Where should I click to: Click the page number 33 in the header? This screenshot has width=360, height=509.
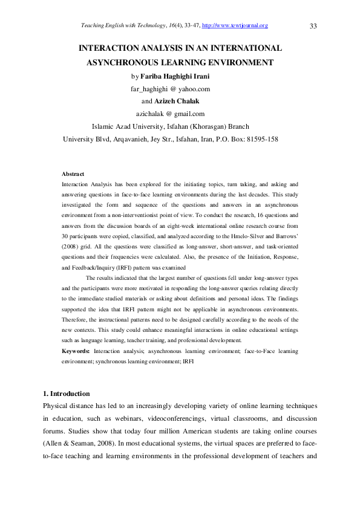click(x=313, y=26)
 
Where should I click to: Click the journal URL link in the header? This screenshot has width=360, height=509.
click(x=235, y=25)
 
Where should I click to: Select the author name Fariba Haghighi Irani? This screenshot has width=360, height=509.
click(x=175, y=77)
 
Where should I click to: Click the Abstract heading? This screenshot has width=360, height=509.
click(x=73, y=174)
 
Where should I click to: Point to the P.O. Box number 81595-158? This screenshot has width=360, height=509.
click(x=257, y=140)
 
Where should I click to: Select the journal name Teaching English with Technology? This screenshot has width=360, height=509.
click(x=119, y=25)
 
